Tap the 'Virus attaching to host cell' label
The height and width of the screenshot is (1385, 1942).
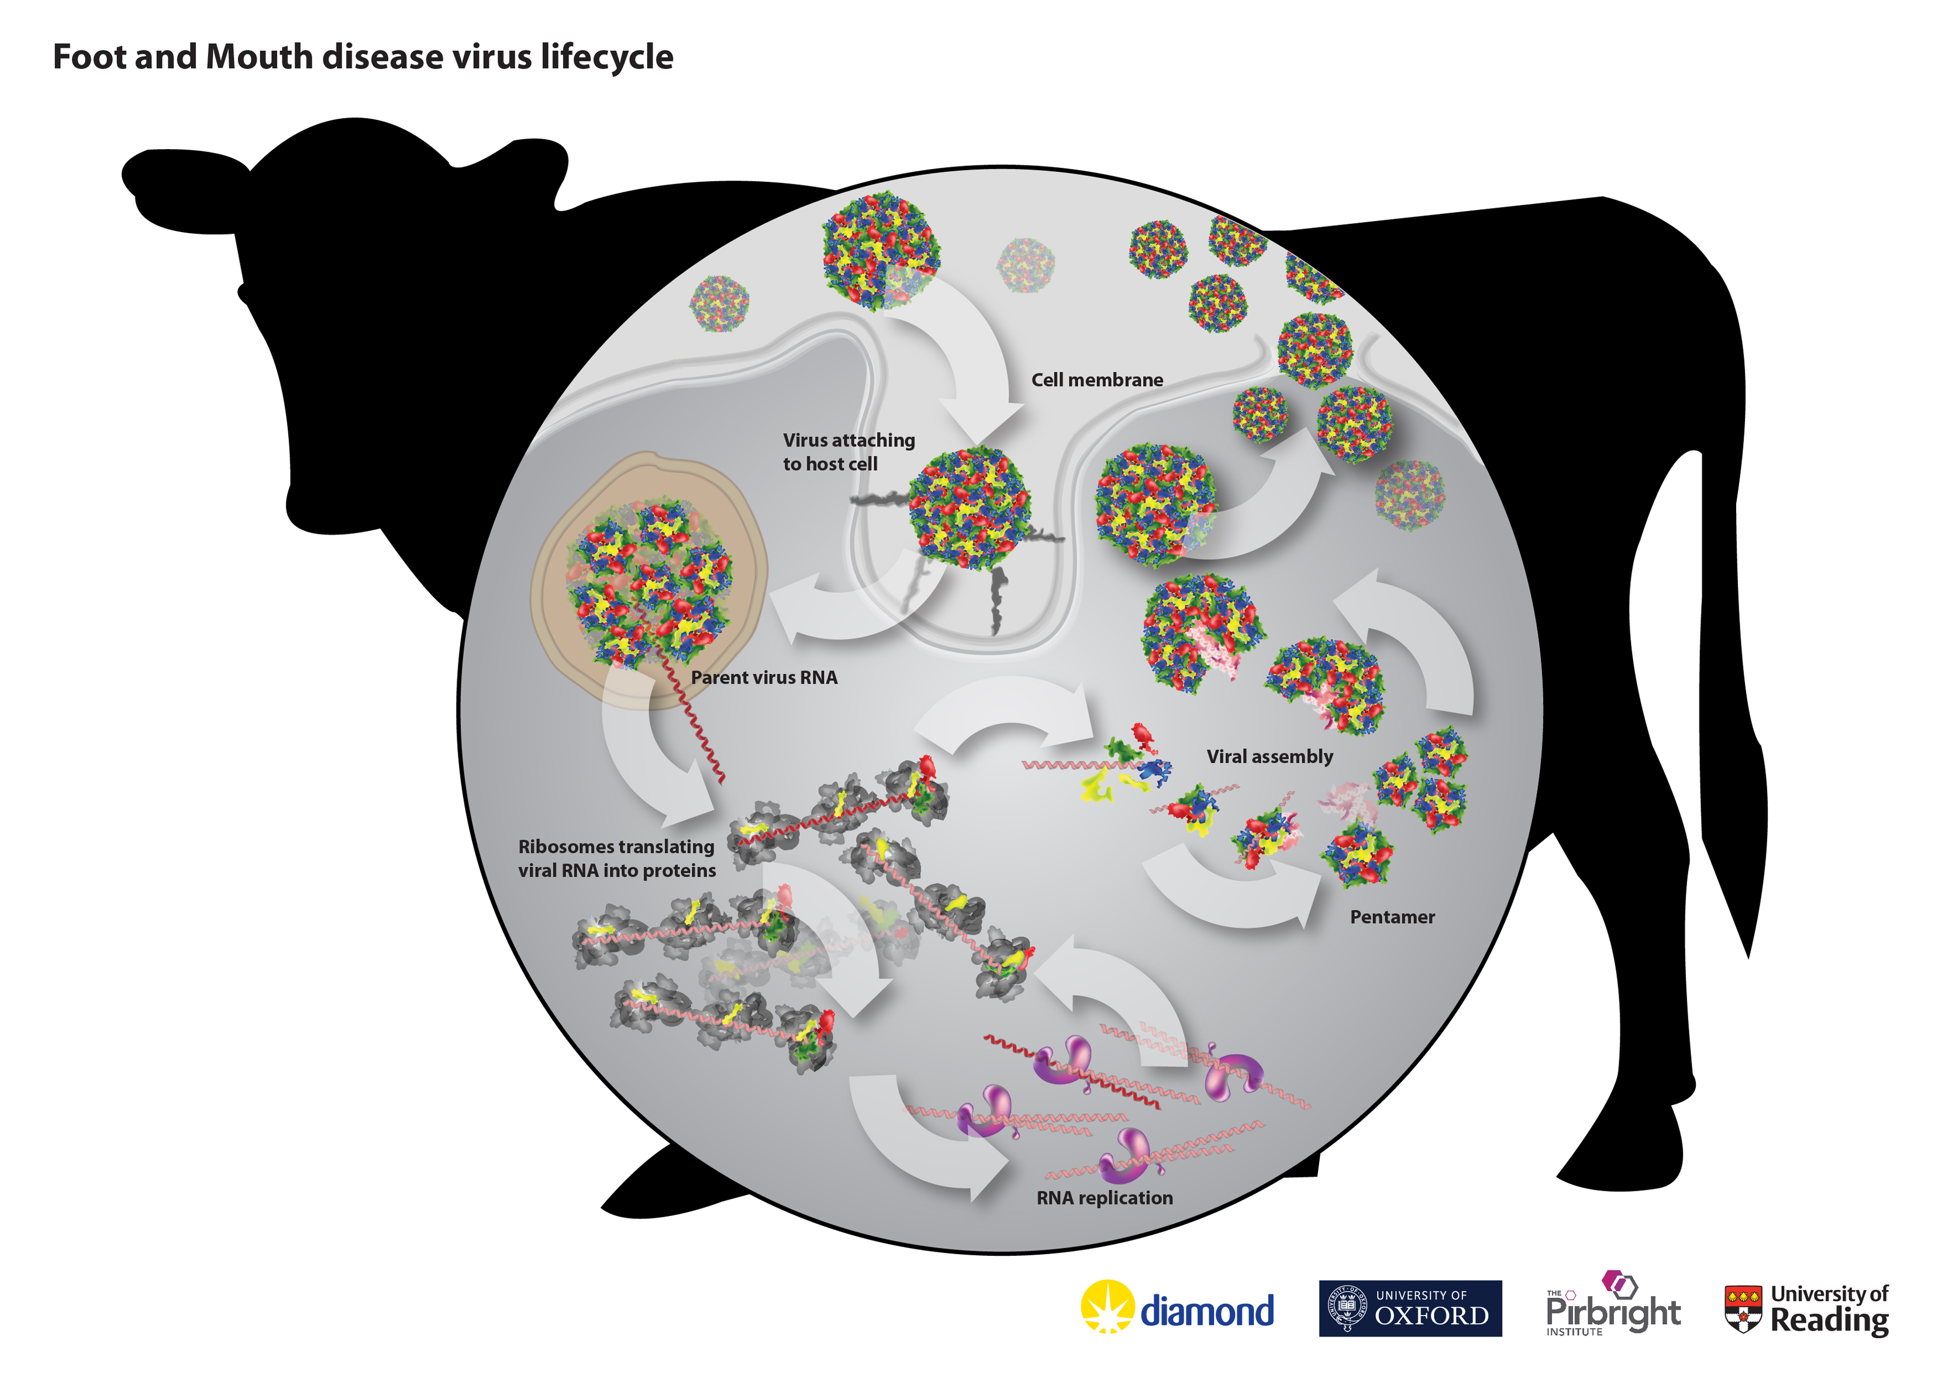[848, 451]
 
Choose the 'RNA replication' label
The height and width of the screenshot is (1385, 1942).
[1105, 1199]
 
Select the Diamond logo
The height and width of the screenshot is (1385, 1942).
[1177, 1307]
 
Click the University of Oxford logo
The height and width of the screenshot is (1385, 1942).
[1410, 1308]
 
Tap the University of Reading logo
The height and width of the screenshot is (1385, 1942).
[1806, 1309]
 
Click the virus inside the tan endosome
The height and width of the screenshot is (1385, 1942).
[649, 582]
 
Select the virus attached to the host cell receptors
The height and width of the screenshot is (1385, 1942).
[969, 508]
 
